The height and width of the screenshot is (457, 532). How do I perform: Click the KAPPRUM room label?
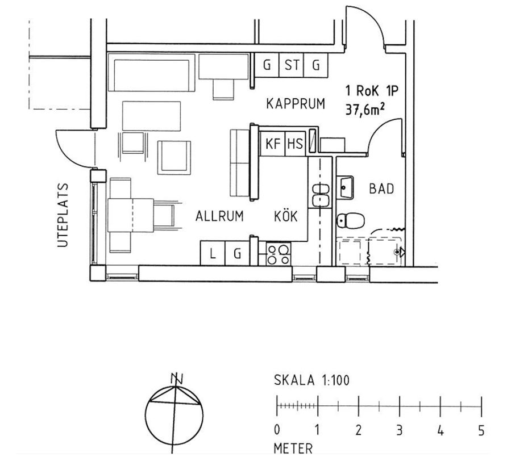point(296,104)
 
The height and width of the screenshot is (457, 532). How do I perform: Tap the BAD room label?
point(382,188)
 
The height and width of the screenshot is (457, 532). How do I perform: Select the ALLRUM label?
point(219,216)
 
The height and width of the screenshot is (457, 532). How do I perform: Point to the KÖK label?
point(286,215)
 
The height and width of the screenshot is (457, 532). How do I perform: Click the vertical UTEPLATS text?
point(63,215)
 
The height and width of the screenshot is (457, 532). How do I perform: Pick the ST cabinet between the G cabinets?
point(291,65)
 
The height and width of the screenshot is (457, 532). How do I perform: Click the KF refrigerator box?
point(272,144)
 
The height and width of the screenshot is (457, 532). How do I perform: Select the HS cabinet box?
point(295,144)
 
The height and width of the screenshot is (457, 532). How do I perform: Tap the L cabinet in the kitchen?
point(213,253)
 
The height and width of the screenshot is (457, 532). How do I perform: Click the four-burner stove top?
point(279,254)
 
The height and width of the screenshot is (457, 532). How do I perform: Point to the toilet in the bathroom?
point(351,220)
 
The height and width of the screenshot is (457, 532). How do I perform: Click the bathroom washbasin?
point(345,187)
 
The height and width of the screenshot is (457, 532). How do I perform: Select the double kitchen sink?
point(321,195)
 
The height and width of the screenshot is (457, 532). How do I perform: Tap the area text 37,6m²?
point(365,110)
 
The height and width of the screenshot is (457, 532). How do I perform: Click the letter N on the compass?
point(176,379)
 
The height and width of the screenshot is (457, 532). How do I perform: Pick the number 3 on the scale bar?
point(400,430)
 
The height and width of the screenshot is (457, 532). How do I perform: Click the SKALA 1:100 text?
point(311,380)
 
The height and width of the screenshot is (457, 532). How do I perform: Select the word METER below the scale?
point(293,448)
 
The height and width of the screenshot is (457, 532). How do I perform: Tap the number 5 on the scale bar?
point(481,430)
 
